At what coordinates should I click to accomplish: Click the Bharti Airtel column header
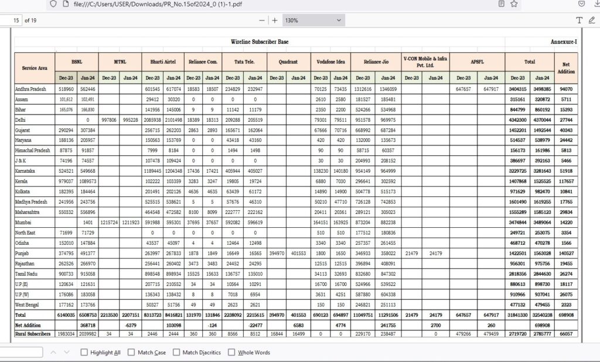(163, 61)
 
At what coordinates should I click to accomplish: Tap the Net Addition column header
(566, 68)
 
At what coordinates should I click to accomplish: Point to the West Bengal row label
(29, 304)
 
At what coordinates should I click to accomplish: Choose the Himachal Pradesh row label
(32, 150)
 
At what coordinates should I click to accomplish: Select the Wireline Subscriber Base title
(260, 42)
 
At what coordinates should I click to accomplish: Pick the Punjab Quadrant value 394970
(277, 253)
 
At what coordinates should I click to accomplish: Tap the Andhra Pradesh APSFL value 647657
(463, 88)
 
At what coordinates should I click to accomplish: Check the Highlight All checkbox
(84, 352)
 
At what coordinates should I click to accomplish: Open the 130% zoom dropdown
(313, 20)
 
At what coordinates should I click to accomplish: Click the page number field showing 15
(15, 20)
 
